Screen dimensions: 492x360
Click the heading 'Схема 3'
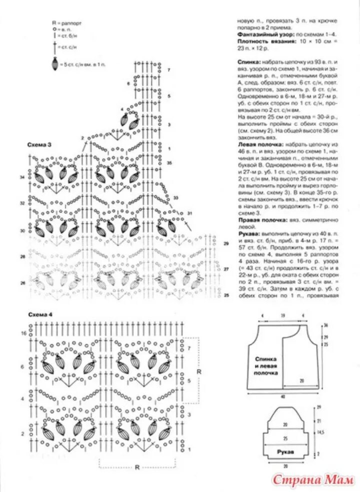pos(39,144)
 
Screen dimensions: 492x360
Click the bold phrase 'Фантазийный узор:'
pos(259,35)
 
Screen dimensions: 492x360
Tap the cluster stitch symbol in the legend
pos(54,64)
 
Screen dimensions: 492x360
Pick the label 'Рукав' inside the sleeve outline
pos(285,450)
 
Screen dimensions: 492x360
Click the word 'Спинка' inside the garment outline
pos(266,359)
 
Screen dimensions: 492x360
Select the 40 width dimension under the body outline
pos(282,397)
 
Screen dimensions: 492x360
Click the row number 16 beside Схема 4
pos(23,333)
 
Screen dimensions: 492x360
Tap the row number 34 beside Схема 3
pos(22,177)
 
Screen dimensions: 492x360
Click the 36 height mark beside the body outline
pos(325,325)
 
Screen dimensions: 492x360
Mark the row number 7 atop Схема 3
pos(169,70)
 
